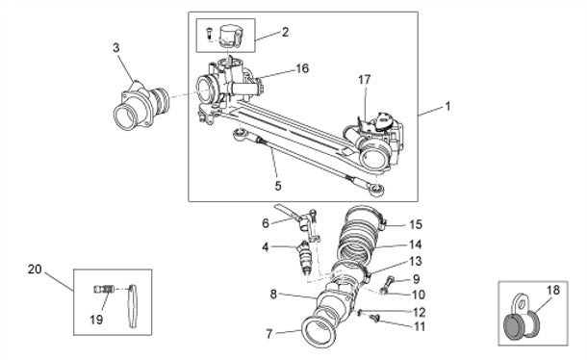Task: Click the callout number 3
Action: coord(116,48)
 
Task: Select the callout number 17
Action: coord(365,80)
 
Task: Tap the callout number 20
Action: coord(35,269)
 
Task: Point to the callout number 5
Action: coord(278,186)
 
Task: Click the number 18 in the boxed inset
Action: coord(553,290)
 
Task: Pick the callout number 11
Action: coord(420,326)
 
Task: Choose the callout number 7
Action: coord(268,334)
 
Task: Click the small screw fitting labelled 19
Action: coord(103,289)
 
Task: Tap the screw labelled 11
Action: coord(374,319)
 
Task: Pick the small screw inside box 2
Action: coord(209,34)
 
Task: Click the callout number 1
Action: coord(447,107)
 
